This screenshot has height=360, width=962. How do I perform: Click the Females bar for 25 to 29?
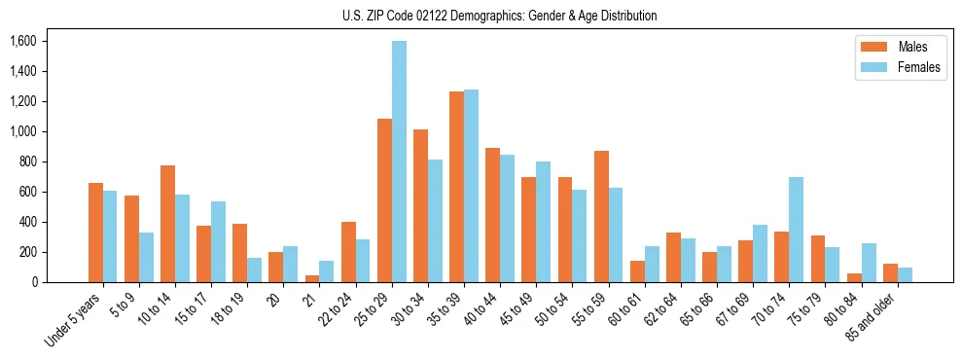[x=399, y=162]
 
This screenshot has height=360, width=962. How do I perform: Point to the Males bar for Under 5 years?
[x=95, y=233]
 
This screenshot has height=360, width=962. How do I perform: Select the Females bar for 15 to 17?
[x=218, y=241]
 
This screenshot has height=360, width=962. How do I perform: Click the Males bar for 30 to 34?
[x=420, y=205]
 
